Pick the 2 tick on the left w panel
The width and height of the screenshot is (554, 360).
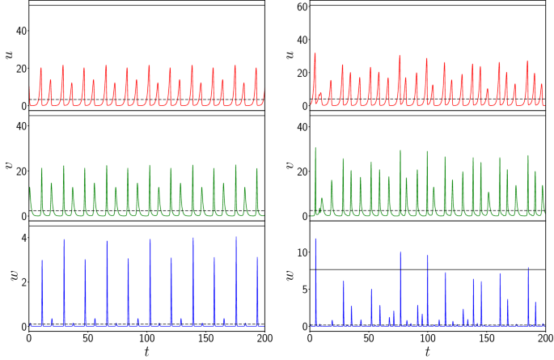(x=21, y=282)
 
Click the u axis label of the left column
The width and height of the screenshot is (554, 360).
(x=7, y=55)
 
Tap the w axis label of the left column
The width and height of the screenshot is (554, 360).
(x=7, y=277)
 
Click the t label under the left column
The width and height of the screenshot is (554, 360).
(x=146, y=352)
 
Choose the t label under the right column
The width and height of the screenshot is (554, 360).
(x=427, y=352)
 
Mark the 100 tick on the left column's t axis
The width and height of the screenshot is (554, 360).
(x=146, y=337)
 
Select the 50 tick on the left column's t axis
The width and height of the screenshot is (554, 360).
(x=87, y=337)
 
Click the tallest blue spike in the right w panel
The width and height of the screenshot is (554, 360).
(x=315, y=239)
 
